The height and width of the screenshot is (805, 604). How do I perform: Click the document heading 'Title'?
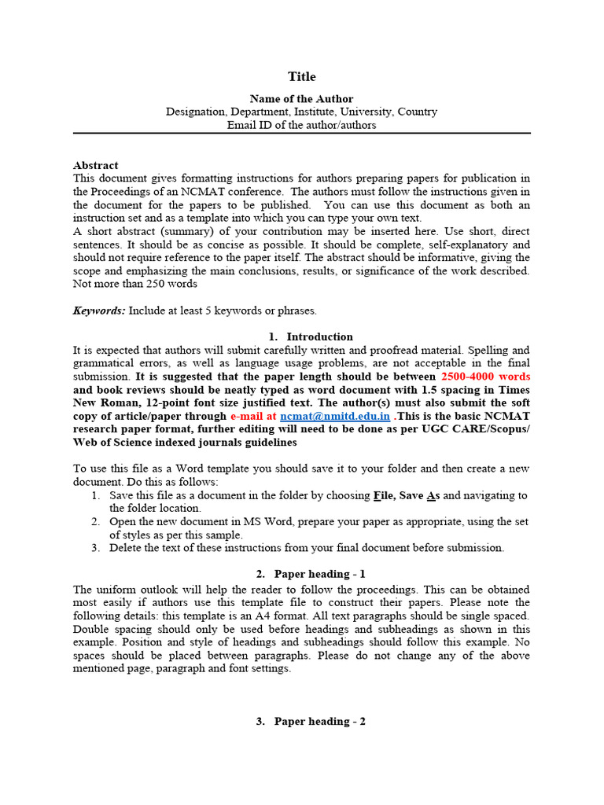[x=301, y=76]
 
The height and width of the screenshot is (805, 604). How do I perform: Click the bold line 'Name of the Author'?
[x=301, y=99]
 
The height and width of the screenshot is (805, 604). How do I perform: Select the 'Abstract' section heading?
[x=95, y=165]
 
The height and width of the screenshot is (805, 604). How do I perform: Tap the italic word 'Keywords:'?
[x=98, y=311]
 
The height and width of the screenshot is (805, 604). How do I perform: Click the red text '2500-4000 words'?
[x=485, y=376]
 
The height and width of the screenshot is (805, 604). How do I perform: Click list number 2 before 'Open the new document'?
[x=94, y=522]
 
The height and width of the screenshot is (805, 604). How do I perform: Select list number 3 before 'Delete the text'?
[x=94, y=548]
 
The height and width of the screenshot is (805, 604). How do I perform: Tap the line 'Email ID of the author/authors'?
[x=301, y=125]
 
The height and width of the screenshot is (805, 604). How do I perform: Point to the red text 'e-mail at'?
[x=253, y=416]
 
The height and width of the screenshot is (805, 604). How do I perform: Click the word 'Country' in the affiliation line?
[x=418, y=112]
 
